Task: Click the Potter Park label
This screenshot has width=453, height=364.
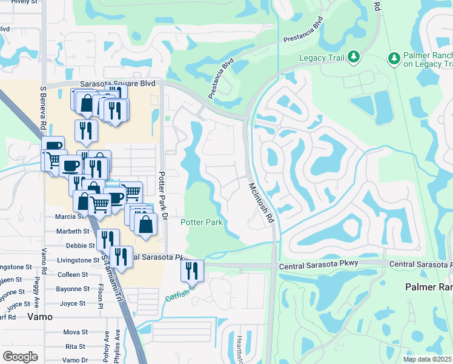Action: coord(202,223)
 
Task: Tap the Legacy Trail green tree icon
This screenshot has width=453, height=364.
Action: coord(354,58)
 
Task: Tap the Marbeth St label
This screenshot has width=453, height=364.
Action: coord(73,231)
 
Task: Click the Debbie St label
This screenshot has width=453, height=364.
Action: coord(80,246)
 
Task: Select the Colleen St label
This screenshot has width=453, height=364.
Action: coord(73,274)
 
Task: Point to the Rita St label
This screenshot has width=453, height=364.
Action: coord(76,346)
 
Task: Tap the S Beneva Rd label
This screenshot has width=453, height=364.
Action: coord(43,109)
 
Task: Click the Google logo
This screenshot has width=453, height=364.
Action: coord(20,357)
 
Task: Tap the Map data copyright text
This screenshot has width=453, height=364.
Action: coord(427,359)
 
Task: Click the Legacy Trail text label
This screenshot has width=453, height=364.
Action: coord(322,58)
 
